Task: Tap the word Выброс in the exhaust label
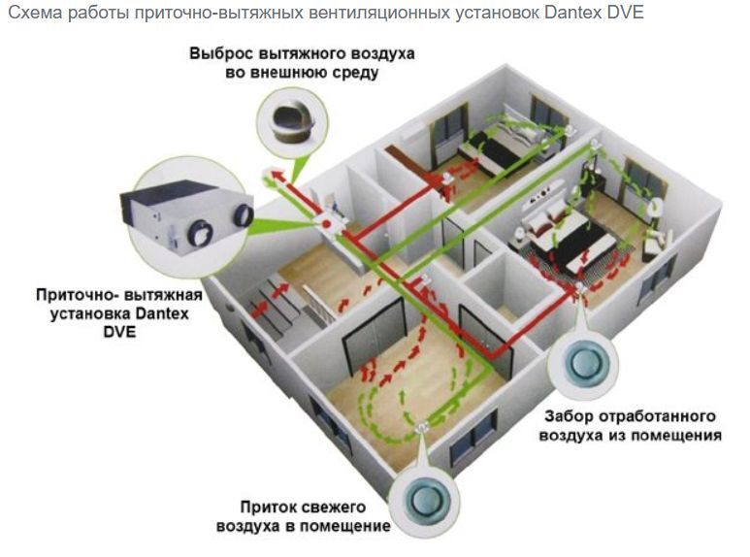[220, 52]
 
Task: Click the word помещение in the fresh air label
[345, 525]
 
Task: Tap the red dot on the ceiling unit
[331, 223]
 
